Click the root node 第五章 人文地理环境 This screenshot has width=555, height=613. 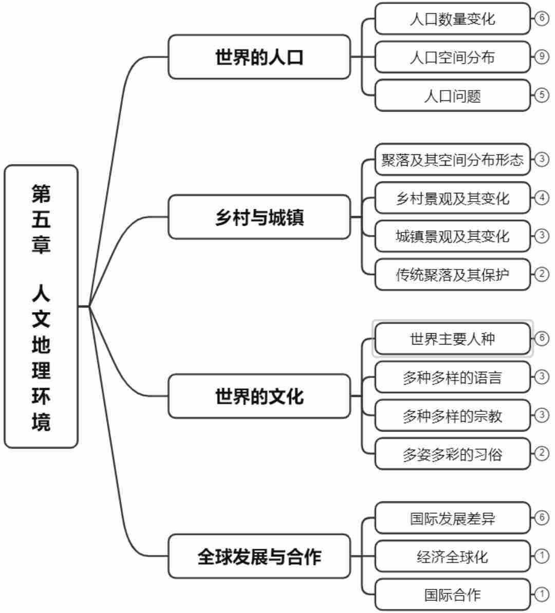(41, 306)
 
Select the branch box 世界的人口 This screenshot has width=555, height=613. (259, 57)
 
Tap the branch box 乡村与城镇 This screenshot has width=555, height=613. (259, 217)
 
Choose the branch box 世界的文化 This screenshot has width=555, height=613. (259, 396)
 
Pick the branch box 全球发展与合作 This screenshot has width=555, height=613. (259, 556)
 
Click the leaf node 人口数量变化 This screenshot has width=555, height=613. (452, 19)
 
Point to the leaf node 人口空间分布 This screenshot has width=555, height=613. (452, 57)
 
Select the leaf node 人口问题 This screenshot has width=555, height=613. (452, 96)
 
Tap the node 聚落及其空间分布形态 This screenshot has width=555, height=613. (452, 159)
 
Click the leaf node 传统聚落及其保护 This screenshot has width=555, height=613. (452, 275)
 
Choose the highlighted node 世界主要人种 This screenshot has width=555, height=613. (452, 339)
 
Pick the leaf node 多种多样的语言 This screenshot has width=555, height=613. (452, 377)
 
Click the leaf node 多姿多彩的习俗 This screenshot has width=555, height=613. (452, 454)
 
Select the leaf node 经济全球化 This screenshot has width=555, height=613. (452, 556)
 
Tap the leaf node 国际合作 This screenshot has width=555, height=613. (452, 595)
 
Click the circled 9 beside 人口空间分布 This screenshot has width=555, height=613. (542, 57)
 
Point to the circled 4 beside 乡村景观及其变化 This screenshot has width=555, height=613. (542, 197)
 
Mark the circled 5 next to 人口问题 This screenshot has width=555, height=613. (542, 95)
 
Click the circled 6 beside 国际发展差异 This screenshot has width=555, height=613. (542, 517)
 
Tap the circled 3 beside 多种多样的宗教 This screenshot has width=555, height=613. (542, 415)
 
